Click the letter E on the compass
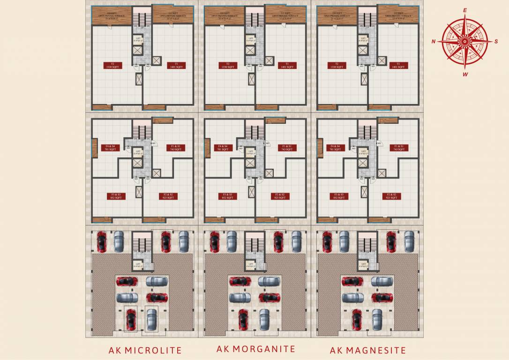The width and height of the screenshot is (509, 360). pyautogui.click(x=465, y=10)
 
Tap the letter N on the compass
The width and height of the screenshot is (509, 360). pyautogui.click(x=434, y=42)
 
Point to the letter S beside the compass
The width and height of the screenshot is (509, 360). pyautogui.click(x=496, y=41)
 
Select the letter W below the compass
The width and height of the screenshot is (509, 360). pyautogui.click(x=465, y=74)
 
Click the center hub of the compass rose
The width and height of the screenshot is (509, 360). pyautogui.click(x=464, y=42)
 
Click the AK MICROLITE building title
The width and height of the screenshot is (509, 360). pyautogui.click(x=145, y=350)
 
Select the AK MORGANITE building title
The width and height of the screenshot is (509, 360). pyautogui.click(x=256, y=349)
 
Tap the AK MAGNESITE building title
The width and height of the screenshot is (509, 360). pyautogui.click(x=368, y=350)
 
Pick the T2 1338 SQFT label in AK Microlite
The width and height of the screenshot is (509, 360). pyautogui.click(x=113, y=66)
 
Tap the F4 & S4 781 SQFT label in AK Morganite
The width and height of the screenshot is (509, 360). pyautogui.click(x=223, y=148)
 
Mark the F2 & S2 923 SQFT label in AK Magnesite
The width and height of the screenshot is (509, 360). pyautogui.click(x=391, y=196)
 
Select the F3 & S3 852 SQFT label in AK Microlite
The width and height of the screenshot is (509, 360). pyautogui.click(x=113, y=196)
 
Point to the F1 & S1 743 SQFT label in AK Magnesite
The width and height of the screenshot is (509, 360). pyautogui.click(x=399, y=148)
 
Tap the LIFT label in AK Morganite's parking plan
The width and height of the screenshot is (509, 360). pyautogui.click(x=251, y=265)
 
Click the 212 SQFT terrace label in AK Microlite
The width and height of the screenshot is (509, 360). pyautogui.click(x=172, y=15)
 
